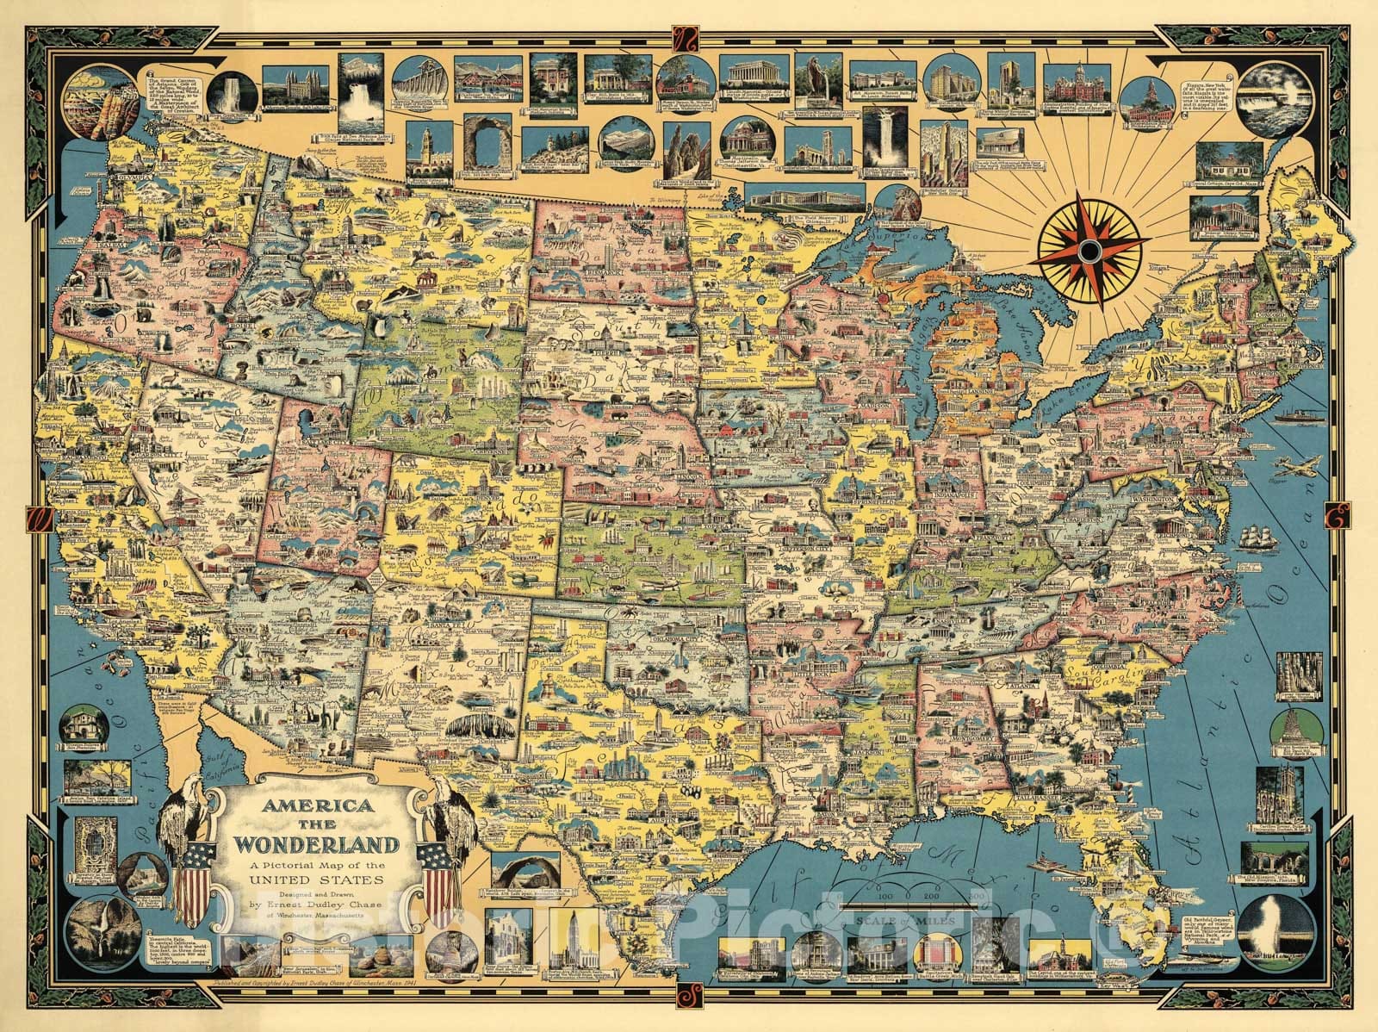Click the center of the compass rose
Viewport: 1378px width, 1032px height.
(x=1090, y=251)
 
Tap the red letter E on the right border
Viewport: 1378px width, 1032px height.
(x=1340, y=519)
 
